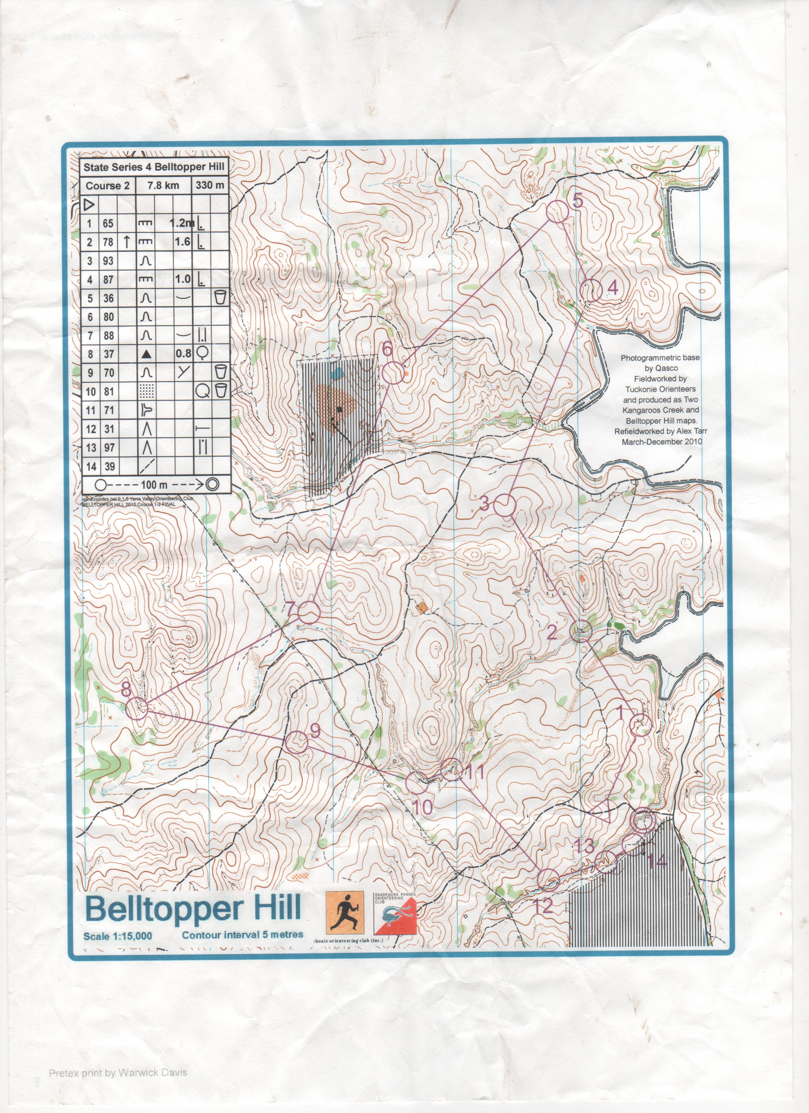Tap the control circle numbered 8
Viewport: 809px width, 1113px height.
click(x=137, y=709)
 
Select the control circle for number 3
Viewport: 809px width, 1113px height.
click(x=504, y=505)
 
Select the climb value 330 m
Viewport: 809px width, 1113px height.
click(x=210, y=185)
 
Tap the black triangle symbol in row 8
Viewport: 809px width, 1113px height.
click(x=147, y=354)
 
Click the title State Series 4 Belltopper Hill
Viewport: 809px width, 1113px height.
click(x=153, y=167)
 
